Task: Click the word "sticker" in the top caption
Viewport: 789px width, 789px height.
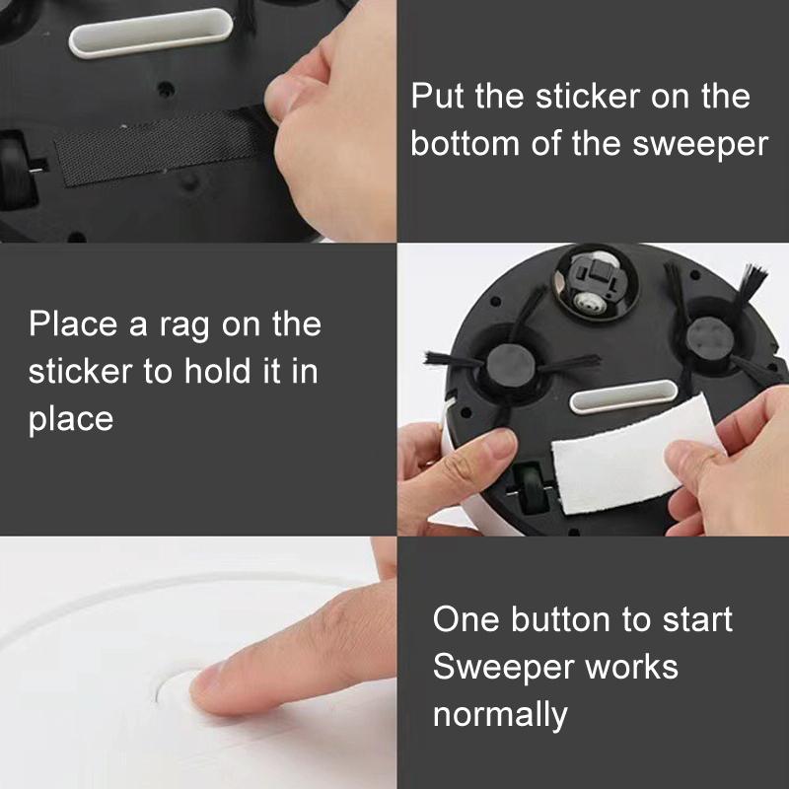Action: [586, 96]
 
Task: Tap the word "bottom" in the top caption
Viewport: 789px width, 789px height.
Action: [465, 143]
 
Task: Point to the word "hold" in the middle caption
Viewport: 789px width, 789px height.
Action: [216, 371]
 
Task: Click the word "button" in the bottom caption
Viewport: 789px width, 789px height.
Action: [560, 619]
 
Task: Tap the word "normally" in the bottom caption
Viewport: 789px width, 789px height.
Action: [500, 716]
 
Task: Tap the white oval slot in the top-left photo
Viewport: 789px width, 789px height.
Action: [151, 33]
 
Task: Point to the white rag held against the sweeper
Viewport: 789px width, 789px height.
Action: [635, 456]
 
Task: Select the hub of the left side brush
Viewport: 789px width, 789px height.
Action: [510, 363]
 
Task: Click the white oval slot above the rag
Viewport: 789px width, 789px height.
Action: [623, 396]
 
